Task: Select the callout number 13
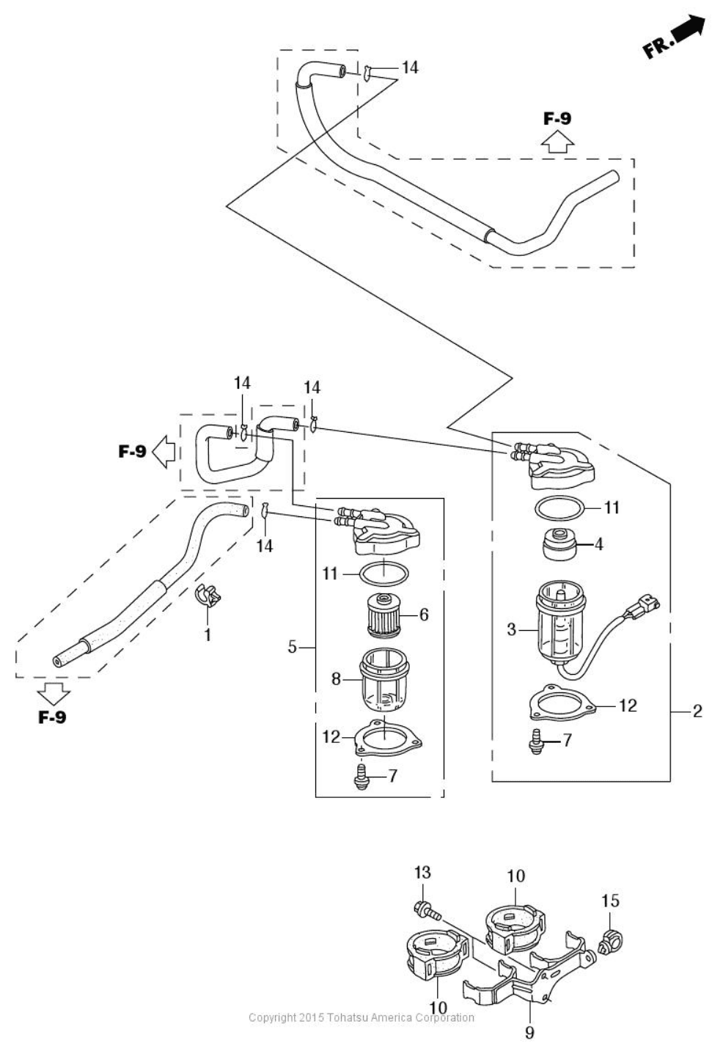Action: point(422,873)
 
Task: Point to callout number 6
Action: point(424,614)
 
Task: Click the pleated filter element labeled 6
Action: point(384,615)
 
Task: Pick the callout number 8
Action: point(335,678)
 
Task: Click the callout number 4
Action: point(598,544)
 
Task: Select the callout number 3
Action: point(511,629)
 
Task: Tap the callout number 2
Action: point(697,711)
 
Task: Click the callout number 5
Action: point(293,647)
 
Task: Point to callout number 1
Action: point(208,635)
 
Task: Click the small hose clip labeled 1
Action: point(208,595)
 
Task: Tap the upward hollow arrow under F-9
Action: point(558,142)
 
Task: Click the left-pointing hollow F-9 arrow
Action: point(164,451)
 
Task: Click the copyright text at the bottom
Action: point(361,1017)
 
